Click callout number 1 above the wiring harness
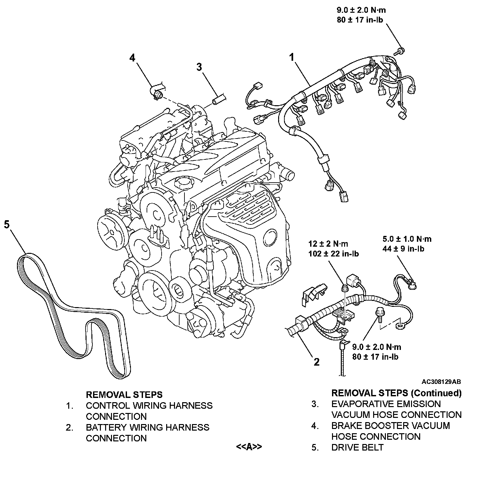coord(292,58)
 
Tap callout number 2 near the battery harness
coord(316,362)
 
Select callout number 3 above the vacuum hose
coord(199,67)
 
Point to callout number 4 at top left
coord(132,58)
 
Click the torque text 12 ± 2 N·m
coord(328,244)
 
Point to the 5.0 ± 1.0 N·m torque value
coord(407,239)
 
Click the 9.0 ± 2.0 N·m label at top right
coord(361,10)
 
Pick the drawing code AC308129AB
coord(441,382)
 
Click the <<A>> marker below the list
coord(249,447)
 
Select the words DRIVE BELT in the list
coord(357,447)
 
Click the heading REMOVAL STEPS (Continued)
coord(396,393)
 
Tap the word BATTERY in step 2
coord(106,427)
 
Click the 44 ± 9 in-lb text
coord(403,249)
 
